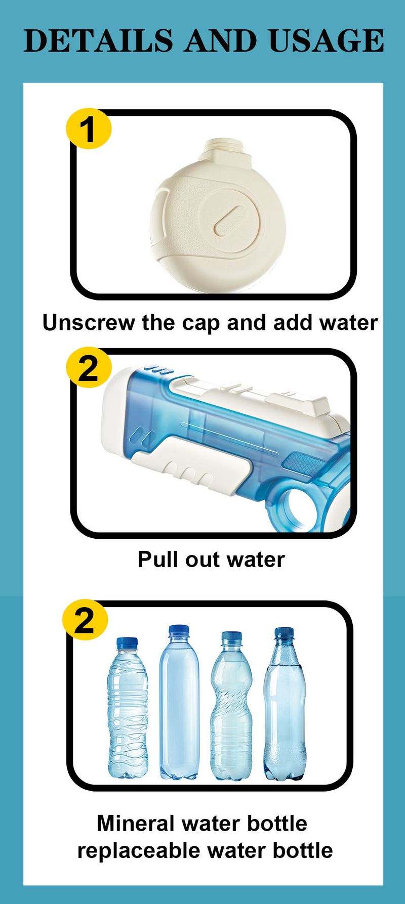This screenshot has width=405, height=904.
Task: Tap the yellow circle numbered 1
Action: [88, 129]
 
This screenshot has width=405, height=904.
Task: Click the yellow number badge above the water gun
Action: [88, 368]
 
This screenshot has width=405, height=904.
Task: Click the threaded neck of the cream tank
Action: [226, 149]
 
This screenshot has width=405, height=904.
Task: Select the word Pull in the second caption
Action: [157, 559]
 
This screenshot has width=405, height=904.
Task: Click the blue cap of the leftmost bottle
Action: [127, 643]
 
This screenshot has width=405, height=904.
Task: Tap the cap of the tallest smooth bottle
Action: [178, 631]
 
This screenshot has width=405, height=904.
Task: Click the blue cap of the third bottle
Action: [231, 637]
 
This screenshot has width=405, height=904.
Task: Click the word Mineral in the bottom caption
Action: [135, 824]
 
